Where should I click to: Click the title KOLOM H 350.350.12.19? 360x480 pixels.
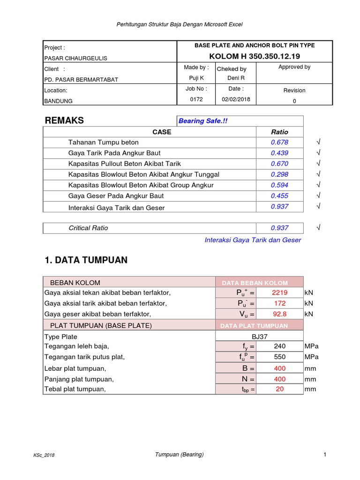(255, 56)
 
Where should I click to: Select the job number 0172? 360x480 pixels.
(196, 99)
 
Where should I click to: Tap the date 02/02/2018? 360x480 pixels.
(236, 99)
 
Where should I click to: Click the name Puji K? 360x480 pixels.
(196, 78)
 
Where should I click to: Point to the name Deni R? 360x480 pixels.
(236, 78)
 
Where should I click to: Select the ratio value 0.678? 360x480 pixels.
(279, 142)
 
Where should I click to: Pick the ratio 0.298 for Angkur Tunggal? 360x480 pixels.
(279, 174)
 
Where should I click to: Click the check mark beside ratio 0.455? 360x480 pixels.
(318, 196)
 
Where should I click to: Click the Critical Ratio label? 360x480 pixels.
(88, 228)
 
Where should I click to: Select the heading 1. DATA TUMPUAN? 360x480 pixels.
(86, 260)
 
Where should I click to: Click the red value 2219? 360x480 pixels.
(280, 292)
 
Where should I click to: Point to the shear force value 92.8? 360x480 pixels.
(280, 314)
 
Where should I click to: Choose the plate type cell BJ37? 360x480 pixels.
(259, 337)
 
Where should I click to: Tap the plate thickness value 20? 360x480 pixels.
(280, 389)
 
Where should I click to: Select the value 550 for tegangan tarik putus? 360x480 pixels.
(280, 357)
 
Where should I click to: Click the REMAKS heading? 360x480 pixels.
(64, 120)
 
